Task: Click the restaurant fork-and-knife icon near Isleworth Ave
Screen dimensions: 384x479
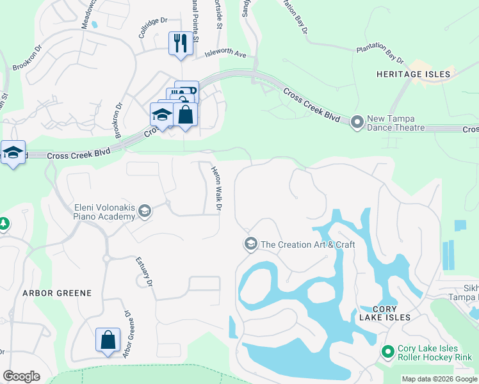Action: click(x=180, y=44)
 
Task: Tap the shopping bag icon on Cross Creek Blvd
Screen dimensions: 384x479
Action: click(x=185, y=115)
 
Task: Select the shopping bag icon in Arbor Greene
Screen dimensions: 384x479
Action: click(x=108, y=340)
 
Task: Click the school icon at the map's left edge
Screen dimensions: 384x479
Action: click(x=12, y=153)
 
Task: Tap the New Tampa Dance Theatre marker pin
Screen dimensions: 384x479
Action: click(x=357, y=121)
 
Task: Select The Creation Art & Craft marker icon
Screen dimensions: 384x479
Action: click(x=250, y=244)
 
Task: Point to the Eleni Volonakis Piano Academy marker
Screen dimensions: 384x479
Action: click(x=145, y=211)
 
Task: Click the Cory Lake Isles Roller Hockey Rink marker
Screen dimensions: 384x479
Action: click(x=387, y=352)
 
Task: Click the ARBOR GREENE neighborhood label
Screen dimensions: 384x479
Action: click(x=56, y=293)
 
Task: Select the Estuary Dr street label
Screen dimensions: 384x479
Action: click(x=144, y=271)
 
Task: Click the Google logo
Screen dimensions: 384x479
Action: click(x=22, y=376)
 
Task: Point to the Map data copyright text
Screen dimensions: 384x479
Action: click(x=439, y=379)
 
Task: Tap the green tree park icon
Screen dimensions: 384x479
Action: click(x=3, y=223)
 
